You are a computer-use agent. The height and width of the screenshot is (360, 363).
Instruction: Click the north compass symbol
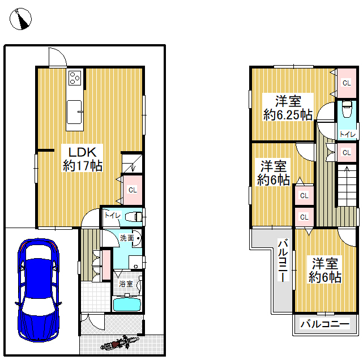click(x=20, y=19)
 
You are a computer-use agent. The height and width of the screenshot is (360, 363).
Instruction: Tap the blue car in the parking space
click(x=39, y=290)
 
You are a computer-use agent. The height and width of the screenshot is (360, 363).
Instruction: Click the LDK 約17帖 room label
click(x=83, y=159)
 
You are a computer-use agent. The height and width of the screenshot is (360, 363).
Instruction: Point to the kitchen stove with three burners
click(x=75, y=78)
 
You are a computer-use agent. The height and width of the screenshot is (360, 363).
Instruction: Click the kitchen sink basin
click(x=74, y=112)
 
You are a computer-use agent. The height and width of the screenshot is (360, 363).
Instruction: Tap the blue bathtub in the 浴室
click(x=127, y=304)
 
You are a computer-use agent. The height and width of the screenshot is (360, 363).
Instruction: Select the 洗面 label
click(x=127, y=238)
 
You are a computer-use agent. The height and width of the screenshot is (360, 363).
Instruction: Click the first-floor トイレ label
click(x=113, y=216)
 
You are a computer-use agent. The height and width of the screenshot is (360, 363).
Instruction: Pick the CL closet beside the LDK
click(x=133, y=190)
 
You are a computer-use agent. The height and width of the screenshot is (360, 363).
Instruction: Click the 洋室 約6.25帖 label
click(x=288, y=108)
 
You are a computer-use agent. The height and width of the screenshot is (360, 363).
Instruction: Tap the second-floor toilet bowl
click(x=347, y=109)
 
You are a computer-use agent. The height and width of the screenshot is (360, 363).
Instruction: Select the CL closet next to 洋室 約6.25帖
click(x=347, y=83)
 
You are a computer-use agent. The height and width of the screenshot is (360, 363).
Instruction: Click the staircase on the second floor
click(x=347, y=185)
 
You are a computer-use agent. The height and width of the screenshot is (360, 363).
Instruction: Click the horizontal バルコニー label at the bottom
click(x=324, y=324)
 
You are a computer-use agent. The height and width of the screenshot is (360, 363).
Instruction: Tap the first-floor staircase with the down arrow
click(x=132, y=164)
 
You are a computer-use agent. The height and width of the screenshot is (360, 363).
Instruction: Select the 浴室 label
click(x=126, y=284)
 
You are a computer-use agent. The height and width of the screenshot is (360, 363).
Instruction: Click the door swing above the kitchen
click(x=58, y=57)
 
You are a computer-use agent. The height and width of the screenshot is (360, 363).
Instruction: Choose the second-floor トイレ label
click(x=347, y=134)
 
